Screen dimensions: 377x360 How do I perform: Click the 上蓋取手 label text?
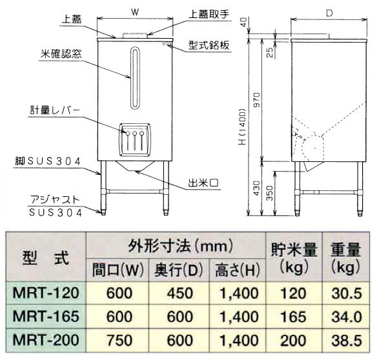click(209, 15)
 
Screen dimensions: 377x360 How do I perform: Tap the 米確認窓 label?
click(61, 54)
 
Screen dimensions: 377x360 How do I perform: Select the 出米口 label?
click(203, 183)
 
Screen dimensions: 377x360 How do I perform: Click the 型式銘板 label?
click(209, 45)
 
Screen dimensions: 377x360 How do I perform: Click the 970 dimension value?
click(257, 99)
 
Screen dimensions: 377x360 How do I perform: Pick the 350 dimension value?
click(270, 193)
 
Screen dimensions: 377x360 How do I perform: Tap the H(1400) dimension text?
click(243, 127)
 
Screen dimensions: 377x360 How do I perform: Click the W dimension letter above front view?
click(135, 12)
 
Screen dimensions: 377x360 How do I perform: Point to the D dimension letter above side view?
click(329, 13)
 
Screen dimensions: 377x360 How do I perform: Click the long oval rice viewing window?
click(135, 77)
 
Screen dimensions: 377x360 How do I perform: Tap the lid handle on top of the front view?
click(135, 35)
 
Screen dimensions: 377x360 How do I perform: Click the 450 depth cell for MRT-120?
click(180, 293)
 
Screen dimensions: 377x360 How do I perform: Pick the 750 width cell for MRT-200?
click(119, 340)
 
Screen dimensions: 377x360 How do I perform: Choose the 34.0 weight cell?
click(347, 316)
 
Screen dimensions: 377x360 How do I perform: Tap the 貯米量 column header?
click(294, 250)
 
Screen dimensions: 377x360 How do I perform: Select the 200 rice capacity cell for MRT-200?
click(294, 340)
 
